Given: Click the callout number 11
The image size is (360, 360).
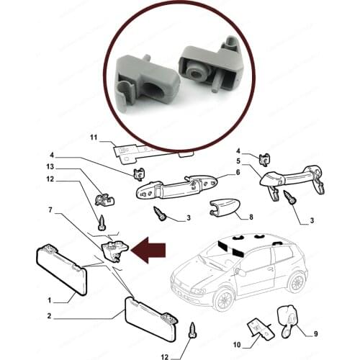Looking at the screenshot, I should [x=93, y=137].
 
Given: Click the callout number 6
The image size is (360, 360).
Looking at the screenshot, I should [x=237, y=173].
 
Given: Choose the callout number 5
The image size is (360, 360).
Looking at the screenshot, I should [x=238, y=162].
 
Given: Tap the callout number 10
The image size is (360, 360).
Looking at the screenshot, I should [x=315, y=333].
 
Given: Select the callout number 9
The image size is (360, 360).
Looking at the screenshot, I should [x=238, y=343].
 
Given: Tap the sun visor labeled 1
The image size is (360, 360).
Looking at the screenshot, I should [x=61, y=269].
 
